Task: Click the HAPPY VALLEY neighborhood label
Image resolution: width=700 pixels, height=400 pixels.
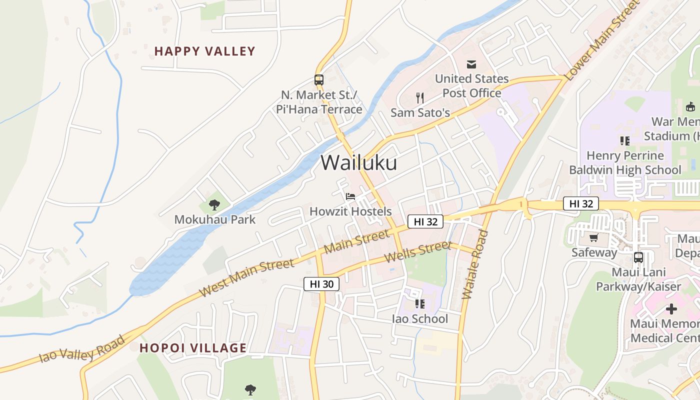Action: [x=204, y=51]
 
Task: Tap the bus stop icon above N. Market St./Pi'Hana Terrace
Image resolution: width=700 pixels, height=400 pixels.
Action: [x=319, y=79]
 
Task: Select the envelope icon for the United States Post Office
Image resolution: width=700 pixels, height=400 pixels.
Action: [x=471, y=64]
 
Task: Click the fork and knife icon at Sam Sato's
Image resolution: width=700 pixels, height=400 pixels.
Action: [x=420, y=98]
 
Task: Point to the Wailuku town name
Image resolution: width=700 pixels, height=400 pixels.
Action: [x=358, y=162]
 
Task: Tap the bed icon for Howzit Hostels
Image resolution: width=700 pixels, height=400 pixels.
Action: [x=350, y=196]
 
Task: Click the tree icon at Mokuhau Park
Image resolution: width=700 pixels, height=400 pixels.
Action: [x=214, y=204]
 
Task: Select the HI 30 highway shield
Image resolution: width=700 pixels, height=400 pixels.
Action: [x=321, y=284]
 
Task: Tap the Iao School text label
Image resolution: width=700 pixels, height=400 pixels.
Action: [x=419, y=319]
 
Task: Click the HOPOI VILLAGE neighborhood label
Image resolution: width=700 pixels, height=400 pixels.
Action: [x=193, y=348]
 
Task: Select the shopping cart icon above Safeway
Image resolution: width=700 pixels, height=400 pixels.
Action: [x=594, y=238]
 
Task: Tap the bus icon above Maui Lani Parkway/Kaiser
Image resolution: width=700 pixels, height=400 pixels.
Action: [x=638, y=257]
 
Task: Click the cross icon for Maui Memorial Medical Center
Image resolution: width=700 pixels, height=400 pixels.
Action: [x=671, y=308]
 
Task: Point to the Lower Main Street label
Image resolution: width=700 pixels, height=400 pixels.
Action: [x=602, y=41]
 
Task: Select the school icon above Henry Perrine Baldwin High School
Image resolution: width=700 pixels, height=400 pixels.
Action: [x=624, y=141]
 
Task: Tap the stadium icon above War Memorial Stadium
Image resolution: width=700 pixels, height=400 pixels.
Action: [x=690, y=106]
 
